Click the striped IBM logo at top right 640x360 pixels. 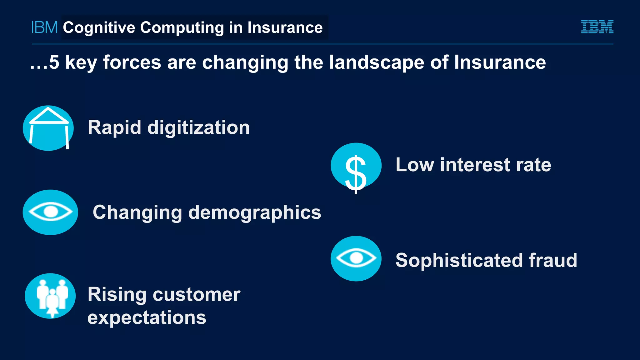click(597, 27)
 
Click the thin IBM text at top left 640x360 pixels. click(44, 27)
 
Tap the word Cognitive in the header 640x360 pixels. click(99, 27)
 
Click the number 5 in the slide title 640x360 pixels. click(54, 62)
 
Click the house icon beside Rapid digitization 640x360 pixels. click(48, 128)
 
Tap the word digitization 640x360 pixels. click(198, 127)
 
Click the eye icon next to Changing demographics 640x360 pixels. click(50, 212)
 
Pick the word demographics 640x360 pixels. click(255, 213)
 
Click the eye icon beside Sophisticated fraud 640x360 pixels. click(356, 258)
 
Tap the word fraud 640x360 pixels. click(553, 260)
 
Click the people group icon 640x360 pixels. click(50, 296)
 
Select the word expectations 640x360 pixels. click(147, 318)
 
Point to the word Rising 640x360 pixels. click(117, 295)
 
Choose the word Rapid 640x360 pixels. click(114, 127)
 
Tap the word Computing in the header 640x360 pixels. click(182, 27)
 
